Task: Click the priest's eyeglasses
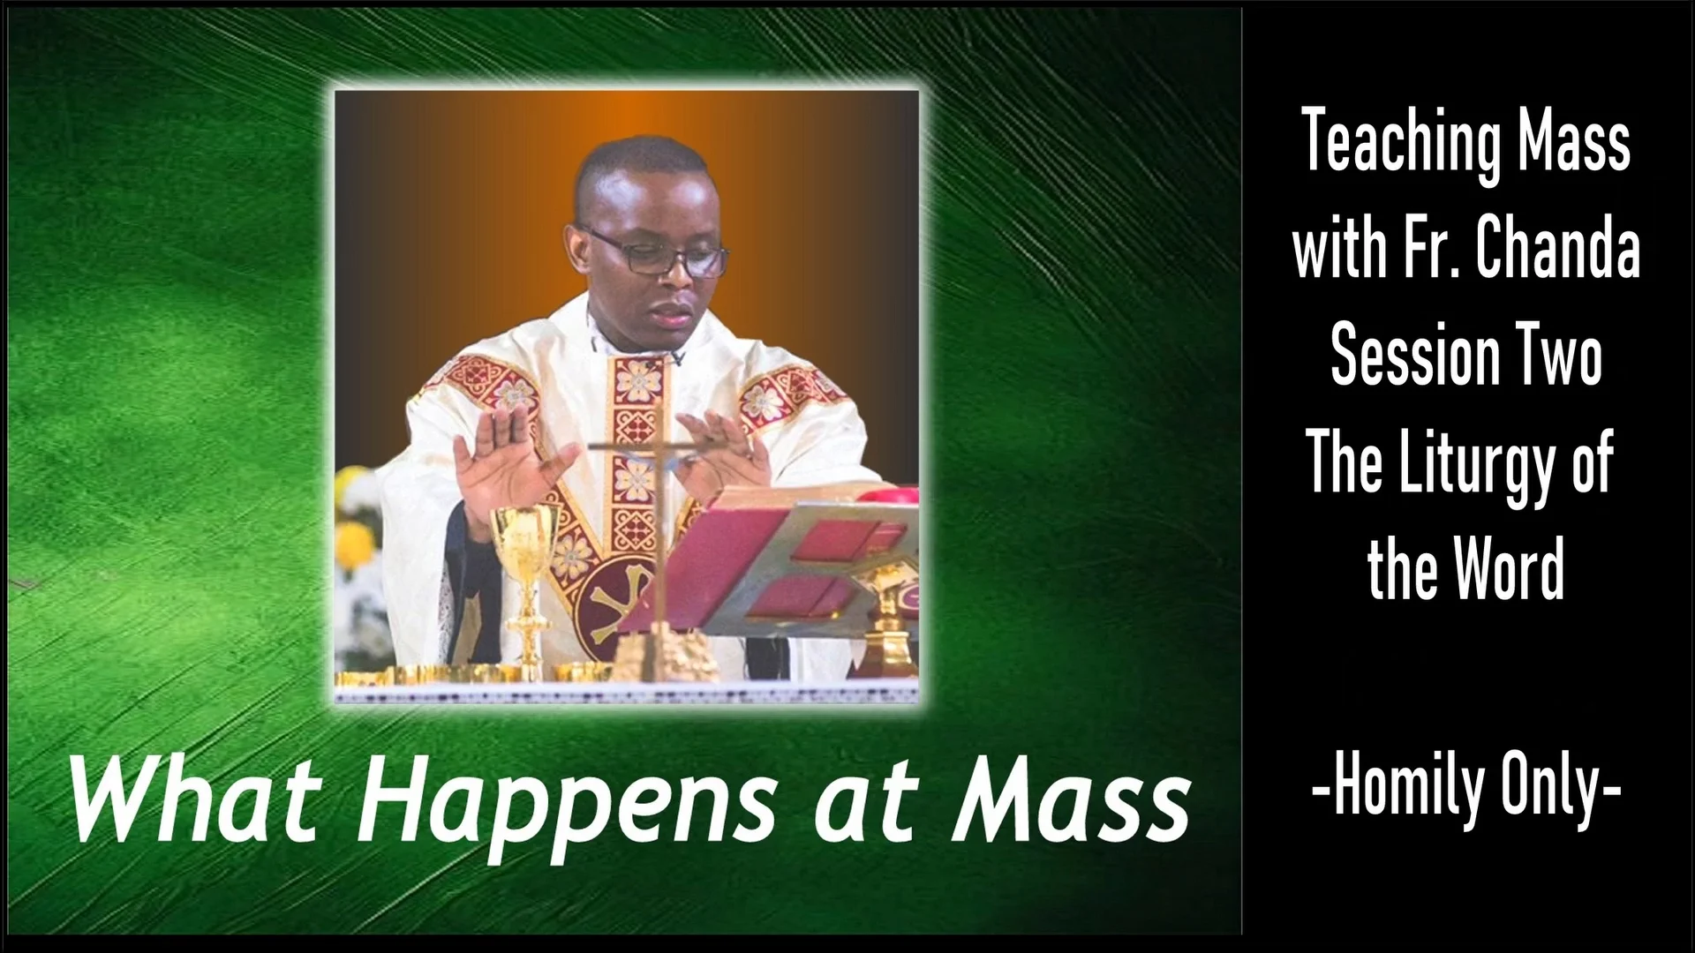click(x=658, y=253)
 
